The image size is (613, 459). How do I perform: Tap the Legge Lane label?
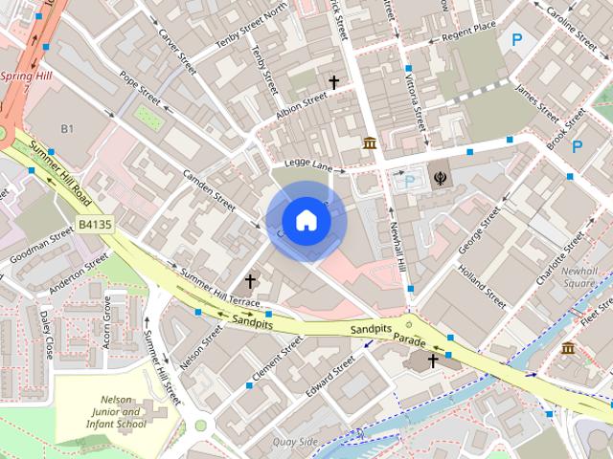coord(308,166)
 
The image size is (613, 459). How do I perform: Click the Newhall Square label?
coord(579,277)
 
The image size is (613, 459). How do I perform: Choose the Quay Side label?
coord(294,441)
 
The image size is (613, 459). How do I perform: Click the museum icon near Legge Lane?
coord(370,143)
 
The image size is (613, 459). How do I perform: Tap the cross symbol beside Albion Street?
coord(334,83)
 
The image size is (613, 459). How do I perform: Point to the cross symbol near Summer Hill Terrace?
coord(251,281)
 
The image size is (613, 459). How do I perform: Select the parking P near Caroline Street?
coord(517,41)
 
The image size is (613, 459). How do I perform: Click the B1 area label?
coord(67,128)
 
